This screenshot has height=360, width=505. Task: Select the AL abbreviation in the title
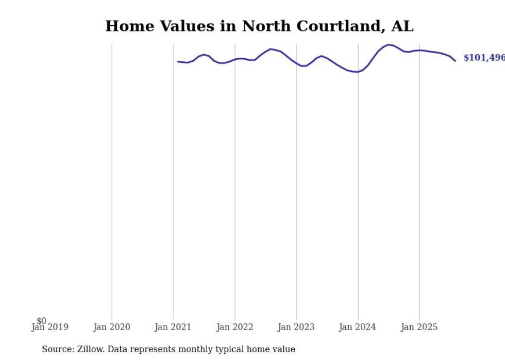402,26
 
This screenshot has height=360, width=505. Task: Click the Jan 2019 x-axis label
50,327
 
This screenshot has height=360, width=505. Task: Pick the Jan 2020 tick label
112,327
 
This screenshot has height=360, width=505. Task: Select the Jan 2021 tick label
173,327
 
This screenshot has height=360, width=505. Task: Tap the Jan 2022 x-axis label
235,327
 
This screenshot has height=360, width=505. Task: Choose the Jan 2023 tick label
296,327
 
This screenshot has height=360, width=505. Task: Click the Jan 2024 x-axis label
358,327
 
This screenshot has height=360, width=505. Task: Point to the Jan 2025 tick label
419,327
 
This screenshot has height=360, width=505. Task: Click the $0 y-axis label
41,321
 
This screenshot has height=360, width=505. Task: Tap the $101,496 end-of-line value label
483,58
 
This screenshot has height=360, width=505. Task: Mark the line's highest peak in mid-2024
389,45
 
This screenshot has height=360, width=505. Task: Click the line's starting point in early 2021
178,62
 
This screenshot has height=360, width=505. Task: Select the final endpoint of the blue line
455,61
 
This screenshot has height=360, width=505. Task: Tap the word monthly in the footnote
199,349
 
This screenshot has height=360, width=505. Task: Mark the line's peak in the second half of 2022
271,49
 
